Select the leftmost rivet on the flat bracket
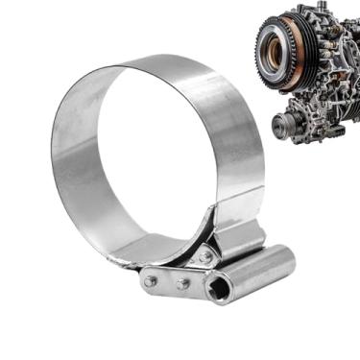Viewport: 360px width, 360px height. click(x=151, y=280)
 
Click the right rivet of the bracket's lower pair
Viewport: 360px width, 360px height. click(x=182, y=284)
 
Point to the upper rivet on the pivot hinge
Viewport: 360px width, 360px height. click(x=204, y=257)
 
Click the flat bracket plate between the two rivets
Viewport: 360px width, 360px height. click(x=166, y=282)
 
